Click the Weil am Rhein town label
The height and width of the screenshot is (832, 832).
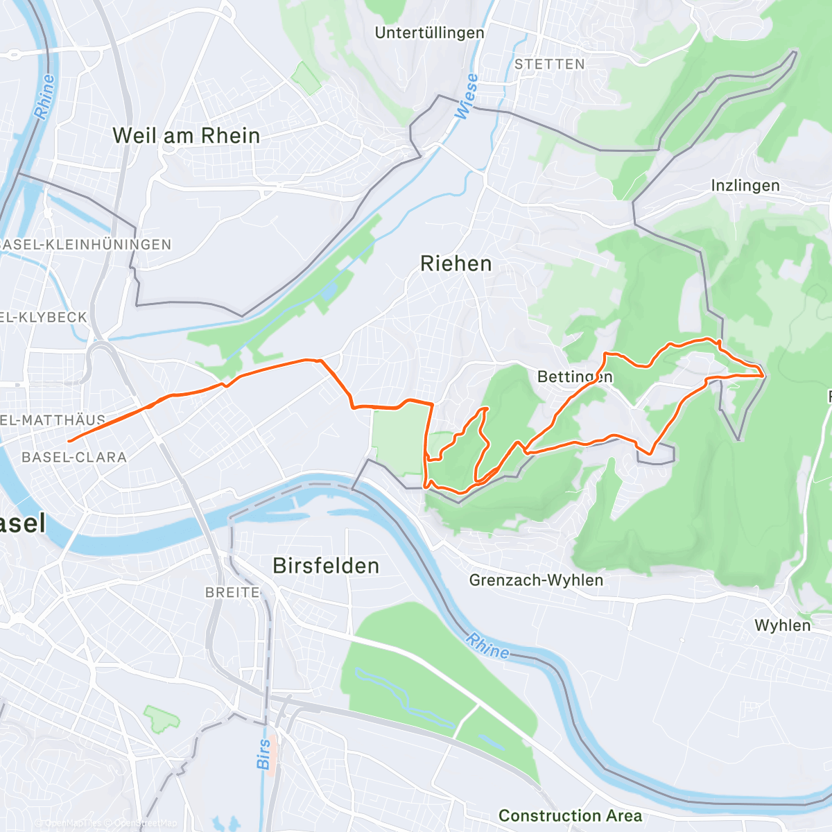(x=186, y=135)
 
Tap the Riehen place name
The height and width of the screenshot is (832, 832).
(x=456, y=263)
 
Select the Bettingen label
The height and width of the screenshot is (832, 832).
(x=575, y=376)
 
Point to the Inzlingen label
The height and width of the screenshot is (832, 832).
(x=745, y=186)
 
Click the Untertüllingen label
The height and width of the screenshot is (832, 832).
(x=429, y=33)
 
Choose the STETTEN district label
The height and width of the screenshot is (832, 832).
(x=550, y=64)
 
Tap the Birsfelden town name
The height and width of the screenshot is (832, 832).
(x=326, y=566)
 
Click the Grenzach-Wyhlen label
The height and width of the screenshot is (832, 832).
(x=536, y=580)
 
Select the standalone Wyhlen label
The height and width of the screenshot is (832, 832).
(x=782, y=625)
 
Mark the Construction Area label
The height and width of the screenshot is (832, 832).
(x=570, y=815)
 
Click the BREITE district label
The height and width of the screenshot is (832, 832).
(x=233, y=592)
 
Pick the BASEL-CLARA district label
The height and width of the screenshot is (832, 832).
(x=74, y=457)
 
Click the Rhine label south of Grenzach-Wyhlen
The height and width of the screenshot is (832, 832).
(x=487, y=646)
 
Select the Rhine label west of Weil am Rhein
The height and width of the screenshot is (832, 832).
(x=44, y=97)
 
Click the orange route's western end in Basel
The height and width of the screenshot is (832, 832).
(x=69, y=441)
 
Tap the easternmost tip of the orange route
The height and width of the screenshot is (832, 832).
(x=764, y=374)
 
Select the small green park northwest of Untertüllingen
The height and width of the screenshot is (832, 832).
(x=306, y=78)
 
